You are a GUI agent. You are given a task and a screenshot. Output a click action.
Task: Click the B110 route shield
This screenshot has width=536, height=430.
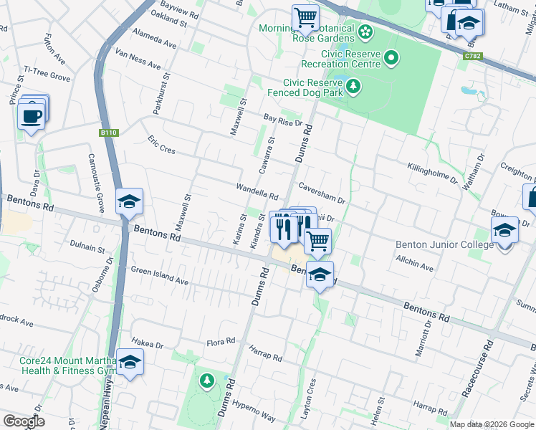point(108,133)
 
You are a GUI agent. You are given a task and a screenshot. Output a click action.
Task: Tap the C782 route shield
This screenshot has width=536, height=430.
point(472,55)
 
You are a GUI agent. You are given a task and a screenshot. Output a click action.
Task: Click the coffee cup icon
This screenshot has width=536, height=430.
point(31,115)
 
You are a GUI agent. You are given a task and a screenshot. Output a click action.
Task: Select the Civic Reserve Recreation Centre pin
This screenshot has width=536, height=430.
point(391,57)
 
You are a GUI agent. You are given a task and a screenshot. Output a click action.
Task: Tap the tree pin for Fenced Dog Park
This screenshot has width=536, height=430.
point(353,87)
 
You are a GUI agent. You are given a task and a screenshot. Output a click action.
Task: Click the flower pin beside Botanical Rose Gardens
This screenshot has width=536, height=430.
point(365,32)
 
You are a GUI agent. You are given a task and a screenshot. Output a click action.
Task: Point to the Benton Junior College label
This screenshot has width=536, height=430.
point(444,244)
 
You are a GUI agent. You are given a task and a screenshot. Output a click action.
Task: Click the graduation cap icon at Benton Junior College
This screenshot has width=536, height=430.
point(504,231)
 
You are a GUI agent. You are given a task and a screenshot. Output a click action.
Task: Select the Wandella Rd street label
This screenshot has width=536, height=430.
point(257,191)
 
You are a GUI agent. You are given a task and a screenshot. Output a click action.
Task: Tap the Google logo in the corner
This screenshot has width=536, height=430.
point(24,421)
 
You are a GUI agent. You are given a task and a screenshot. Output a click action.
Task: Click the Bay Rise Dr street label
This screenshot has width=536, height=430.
point(282,120)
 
